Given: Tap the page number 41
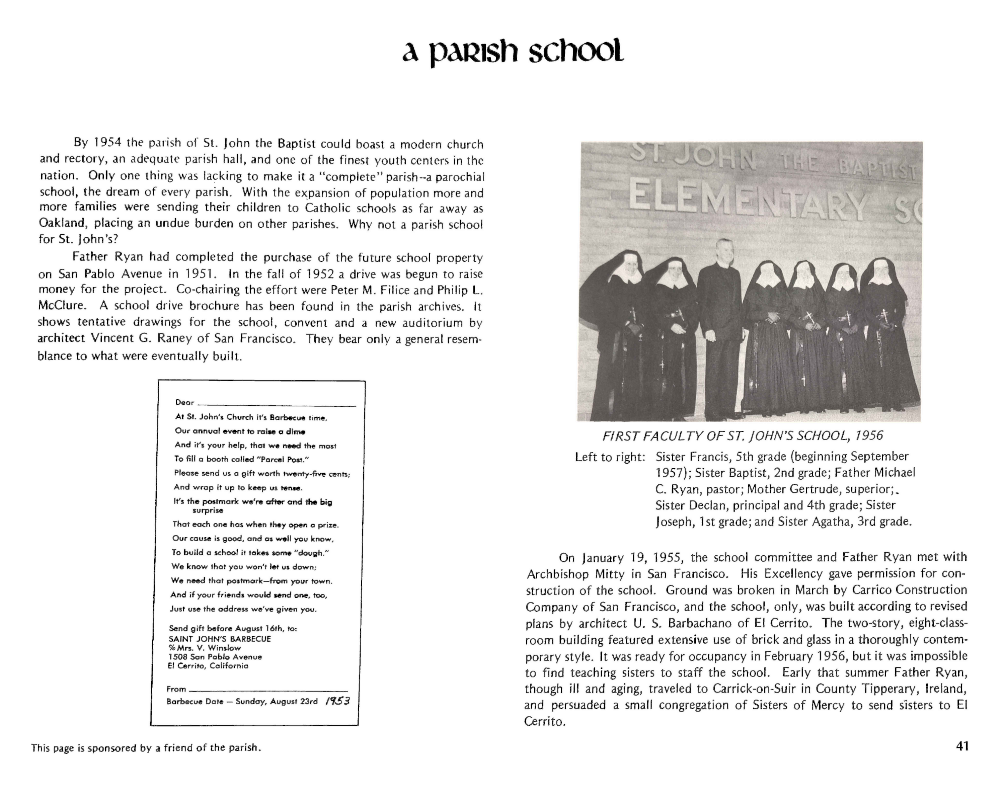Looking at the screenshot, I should coord(962,746).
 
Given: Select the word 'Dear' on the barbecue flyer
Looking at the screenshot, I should coord(185,402).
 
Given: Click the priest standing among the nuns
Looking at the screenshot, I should coord(719,325).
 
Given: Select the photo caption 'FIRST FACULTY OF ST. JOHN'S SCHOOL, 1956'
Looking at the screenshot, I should coord(743,436).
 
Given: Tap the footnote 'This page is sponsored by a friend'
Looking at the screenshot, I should coord(146,748).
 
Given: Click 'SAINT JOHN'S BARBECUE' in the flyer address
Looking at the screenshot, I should coord(220,639).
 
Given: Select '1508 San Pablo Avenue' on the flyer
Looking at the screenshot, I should coord(215,657).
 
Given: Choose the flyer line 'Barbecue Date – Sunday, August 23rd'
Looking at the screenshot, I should coord(242,702).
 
